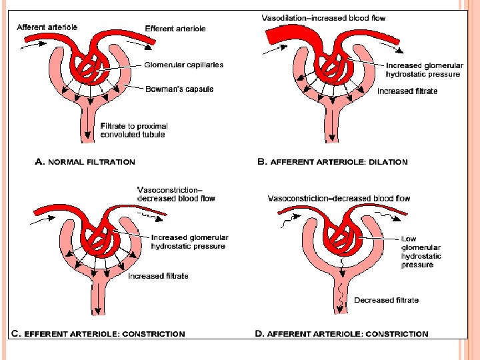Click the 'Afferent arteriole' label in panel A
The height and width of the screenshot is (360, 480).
47,27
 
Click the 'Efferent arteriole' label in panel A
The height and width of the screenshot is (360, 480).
175,29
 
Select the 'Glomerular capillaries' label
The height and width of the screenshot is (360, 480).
183,65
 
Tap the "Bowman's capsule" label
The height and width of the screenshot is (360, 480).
179,89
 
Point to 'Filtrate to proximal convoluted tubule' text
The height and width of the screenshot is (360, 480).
134,130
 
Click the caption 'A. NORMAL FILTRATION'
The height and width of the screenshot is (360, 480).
85,161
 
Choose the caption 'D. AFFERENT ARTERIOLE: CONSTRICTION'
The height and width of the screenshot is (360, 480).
342,333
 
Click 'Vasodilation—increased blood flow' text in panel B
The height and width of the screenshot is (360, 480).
323,18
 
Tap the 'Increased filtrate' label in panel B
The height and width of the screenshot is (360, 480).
407,91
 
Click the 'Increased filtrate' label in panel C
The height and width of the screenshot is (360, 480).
158,276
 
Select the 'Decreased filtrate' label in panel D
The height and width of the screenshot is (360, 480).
387,300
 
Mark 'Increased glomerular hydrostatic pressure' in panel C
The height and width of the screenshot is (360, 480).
189,242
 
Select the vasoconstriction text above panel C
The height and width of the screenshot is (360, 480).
175,194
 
